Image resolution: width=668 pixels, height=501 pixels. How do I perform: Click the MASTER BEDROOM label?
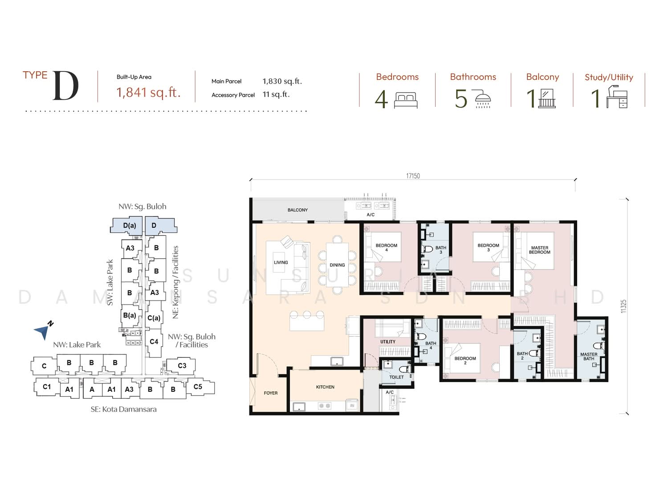click(x=539, y=250)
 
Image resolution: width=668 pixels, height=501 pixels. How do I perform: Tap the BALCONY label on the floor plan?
click(x=297, y=210)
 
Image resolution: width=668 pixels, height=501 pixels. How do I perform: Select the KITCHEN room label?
click(x=325, y=387)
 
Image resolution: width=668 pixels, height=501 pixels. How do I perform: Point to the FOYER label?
click(x=271, y=393)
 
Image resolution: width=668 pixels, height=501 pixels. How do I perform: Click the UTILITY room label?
click(x=388, y=342)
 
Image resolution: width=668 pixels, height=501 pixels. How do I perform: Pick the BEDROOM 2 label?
click(x=465, y=360)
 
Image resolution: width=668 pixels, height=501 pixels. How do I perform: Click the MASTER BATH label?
click(x=589, y=357)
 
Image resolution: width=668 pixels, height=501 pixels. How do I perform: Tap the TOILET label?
click(x=396, y=377)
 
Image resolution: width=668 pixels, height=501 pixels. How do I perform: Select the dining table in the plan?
click(x=337, y=265)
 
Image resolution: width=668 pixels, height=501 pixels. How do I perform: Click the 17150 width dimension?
click(x=413, y=176)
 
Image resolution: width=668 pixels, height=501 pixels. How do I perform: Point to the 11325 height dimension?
click(x=623, y=306)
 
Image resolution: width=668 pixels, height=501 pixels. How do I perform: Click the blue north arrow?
click(x=42, y=331)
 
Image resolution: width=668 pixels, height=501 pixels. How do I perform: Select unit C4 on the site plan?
click(x=154, y=342)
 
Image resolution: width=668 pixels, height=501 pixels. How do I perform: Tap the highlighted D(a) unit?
click(x=129, y=225)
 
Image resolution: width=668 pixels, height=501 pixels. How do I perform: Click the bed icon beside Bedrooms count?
click(x=406, y=100)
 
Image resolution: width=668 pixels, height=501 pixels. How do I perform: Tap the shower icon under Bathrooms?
click(x=483, y=98)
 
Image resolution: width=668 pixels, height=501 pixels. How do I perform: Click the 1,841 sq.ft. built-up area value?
click(x=148, y=92)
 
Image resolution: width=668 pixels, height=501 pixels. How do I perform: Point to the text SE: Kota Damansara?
click(x=123, y=409)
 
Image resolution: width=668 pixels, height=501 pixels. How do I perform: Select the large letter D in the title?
click(x=66, y=86)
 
